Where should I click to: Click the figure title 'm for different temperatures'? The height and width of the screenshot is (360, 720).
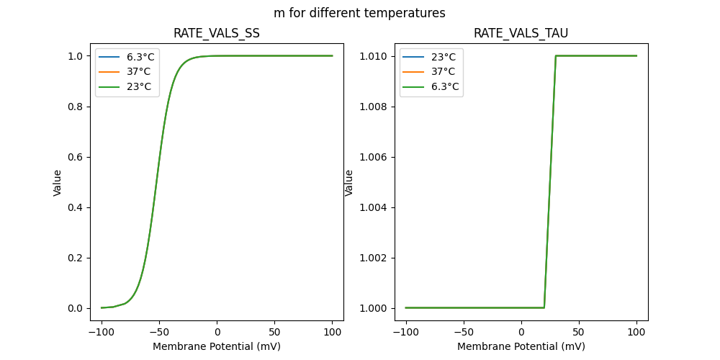pyautogui.click(x=359, y=13)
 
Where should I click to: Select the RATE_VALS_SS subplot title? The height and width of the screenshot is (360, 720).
pyautogui.click(x=217, y=33)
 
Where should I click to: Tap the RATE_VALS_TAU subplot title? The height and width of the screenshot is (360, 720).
pyautogui.click(x=521, y=33)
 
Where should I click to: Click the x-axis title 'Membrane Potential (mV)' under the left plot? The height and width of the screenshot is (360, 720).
pyautogui.click(x=217, y=346)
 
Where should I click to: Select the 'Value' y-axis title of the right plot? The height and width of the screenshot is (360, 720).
pyautogui.click(x=349, y=182)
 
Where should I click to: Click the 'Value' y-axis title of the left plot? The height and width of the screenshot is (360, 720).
pyautogui.click(x=58, y=182)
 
